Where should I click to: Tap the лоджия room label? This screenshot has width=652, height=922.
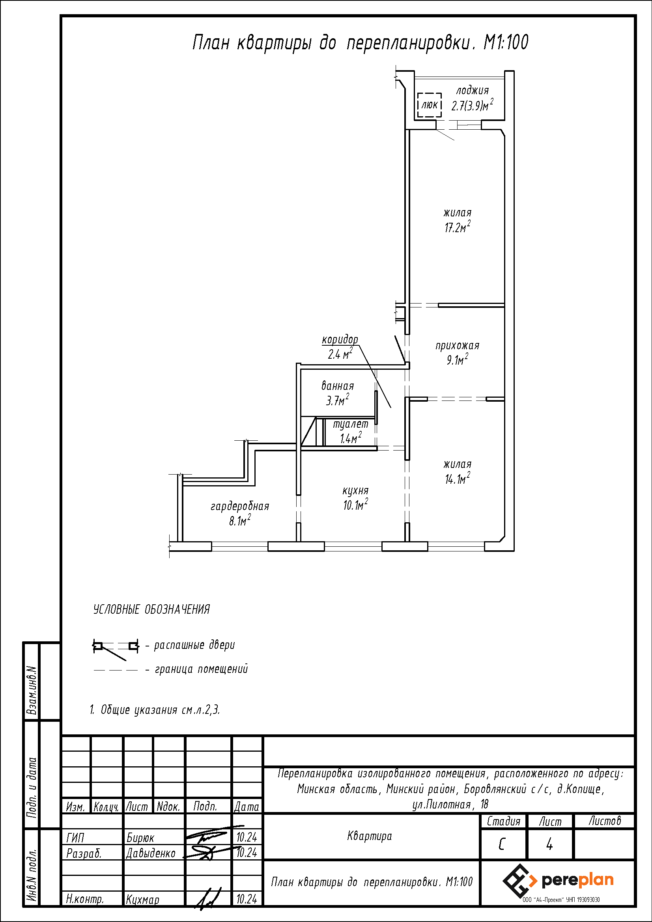(473, 91)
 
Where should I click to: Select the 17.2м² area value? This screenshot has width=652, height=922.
(457, 227)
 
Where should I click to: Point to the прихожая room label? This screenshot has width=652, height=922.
(458, 345)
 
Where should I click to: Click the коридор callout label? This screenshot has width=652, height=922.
(340, 340)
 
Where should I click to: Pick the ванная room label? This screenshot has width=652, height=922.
(338, 386)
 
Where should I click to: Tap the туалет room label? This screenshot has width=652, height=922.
(351, 424)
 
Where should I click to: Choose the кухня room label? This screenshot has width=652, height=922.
(355, 490)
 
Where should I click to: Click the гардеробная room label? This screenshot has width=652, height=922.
(240, 506)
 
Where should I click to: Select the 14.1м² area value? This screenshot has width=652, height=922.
(458, 479)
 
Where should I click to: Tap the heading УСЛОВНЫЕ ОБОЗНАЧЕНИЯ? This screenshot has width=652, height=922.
(151, 609)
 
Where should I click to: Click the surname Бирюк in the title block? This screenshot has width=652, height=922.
(140, 838)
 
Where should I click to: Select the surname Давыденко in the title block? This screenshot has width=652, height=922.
(151, 853)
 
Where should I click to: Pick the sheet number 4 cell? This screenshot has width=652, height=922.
(549, 844)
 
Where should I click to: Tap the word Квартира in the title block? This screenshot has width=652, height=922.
(370, 836)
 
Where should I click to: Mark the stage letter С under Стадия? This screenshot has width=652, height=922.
(502, 844)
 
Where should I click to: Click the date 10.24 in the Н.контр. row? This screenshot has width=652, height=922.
(247, 899)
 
